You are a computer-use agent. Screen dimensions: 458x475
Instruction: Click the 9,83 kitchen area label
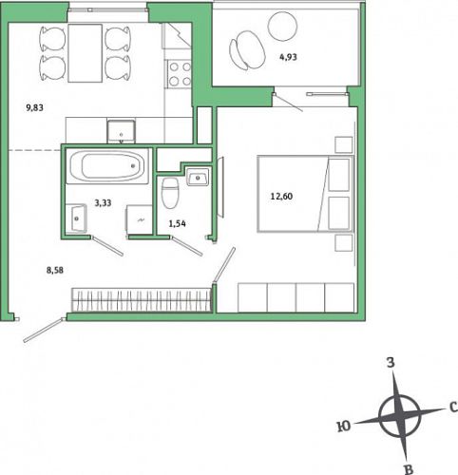35,108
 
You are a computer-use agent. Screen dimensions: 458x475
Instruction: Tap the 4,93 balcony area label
288,57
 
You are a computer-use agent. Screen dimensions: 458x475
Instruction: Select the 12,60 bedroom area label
281,197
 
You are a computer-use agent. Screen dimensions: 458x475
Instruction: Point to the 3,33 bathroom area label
103,202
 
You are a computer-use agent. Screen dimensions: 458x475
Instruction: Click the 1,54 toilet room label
178,224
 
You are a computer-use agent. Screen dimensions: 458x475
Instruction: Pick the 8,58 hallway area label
55,270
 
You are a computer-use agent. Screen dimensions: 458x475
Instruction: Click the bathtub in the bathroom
107,166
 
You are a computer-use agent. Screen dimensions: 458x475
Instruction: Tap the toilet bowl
170,193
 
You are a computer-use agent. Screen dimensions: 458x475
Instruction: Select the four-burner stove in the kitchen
180,74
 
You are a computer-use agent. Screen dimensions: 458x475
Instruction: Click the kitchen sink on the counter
121,131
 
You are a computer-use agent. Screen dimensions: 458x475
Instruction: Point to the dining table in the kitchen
86,53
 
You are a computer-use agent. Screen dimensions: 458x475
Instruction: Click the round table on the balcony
282,27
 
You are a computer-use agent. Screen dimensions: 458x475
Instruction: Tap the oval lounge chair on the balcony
247,50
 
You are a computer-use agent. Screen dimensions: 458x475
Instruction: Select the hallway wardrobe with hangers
142,299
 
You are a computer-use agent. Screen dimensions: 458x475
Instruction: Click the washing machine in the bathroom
139,219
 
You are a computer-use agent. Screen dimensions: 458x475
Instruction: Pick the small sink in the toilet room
198,177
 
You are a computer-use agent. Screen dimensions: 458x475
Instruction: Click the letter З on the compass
391,363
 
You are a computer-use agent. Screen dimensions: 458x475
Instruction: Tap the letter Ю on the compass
344,427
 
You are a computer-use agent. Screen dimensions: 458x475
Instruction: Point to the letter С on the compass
453,407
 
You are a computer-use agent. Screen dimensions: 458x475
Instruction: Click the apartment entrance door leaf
45,330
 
